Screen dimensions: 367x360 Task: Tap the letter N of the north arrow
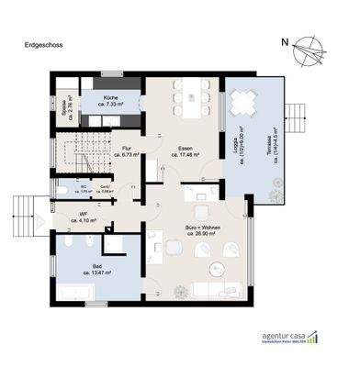tap(286, 40)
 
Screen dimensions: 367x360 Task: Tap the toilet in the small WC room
tap(62, 190)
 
